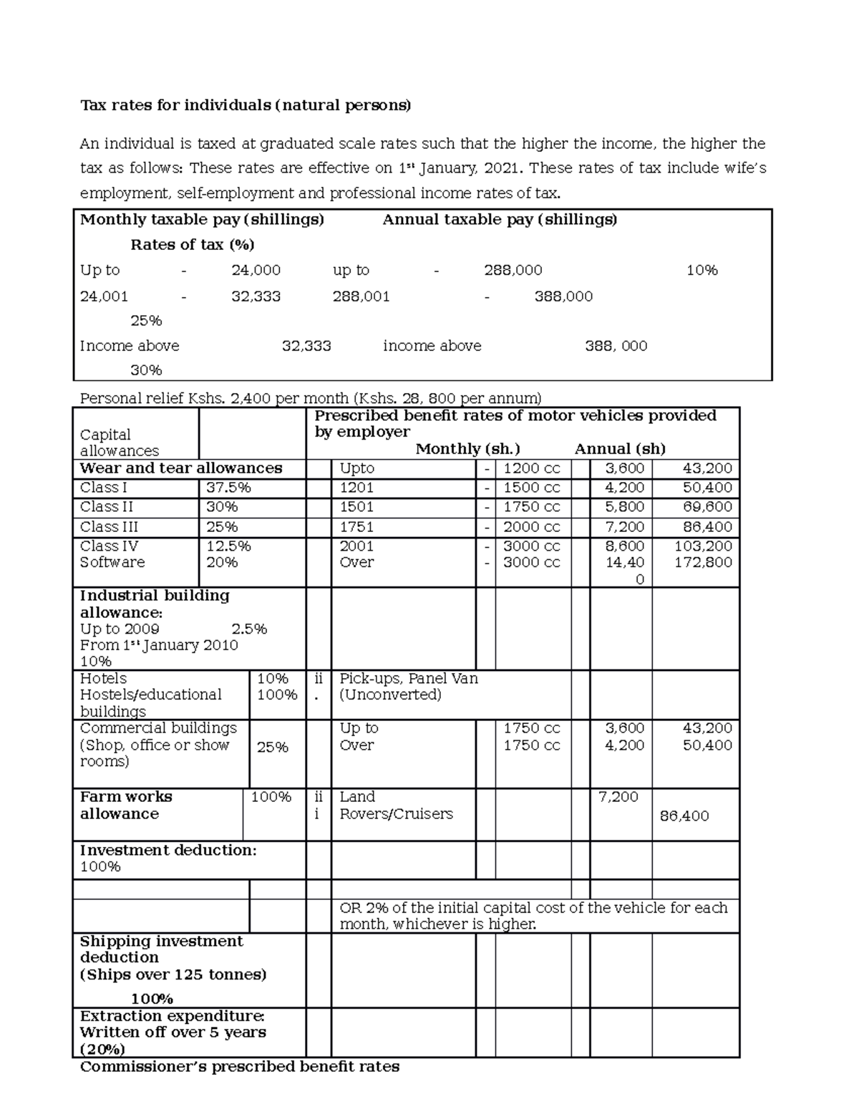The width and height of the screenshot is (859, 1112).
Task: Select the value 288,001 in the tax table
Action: [361, 296]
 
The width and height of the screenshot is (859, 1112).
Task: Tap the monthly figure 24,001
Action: [104, 296]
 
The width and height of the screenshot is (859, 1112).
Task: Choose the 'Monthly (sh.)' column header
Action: [467, 449]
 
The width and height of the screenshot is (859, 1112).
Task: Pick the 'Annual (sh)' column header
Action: [620, 449]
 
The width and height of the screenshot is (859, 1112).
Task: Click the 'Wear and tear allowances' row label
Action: [181, 468]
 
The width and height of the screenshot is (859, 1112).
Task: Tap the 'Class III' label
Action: [109, 527]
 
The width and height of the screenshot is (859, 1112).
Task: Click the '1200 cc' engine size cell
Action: [532, 469]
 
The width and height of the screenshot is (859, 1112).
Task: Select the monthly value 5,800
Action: [624, 507]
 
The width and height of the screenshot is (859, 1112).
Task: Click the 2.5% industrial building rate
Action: [249, 629]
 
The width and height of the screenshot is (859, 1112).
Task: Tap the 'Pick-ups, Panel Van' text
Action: [409, 679]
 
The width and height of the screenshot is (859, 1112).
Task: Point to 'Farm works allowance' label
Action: [126, 806]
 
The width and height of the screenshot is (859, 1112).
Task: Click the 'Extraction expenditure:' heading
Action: [172, 1016]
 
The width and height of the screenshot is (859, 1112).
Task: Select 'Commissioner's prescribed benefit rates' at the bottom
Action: [239, 1067]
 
